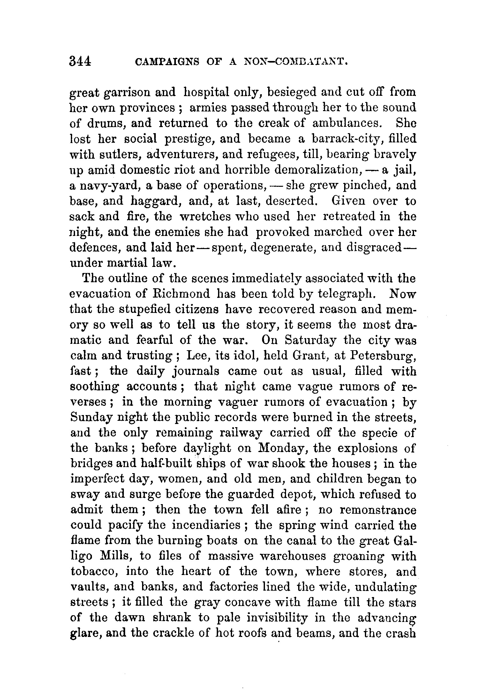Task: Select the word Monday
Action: [281, 448]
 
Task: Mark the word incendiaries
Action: [206, 525]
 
